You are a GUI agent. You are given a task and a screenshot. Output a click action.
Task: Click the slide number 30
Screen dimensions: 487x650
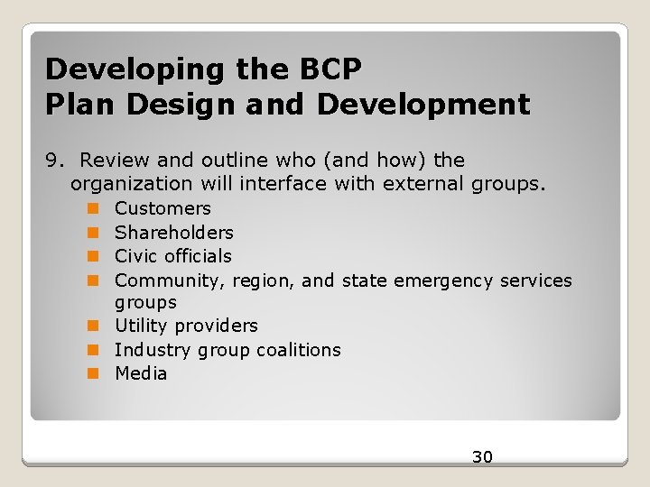pos(482,457)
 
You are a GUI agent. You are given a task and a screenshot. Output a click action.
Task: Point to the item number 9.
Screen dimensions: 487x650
pos(55,161)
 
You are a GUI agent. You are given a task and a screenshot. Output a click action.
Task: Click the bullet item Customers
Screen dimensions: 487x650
pos(162,209)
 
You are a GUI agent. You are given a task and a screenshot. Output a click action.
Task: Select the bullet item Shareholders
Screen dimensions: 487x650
pos(173,233)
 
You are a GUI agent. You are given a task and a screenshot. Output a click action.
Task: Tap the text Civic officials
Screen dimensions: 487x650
pos(172,256)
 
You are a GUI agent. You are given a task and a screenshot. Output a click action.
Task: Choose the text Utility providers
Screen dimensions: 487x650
pos(186,326)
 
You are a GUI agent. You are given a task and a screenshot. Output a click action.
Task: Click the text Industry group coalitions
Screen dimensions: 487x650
pos(227,350)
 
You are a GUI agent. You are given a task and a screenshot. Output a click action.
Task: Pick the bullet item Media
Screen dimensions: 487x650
pos(141,373)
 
